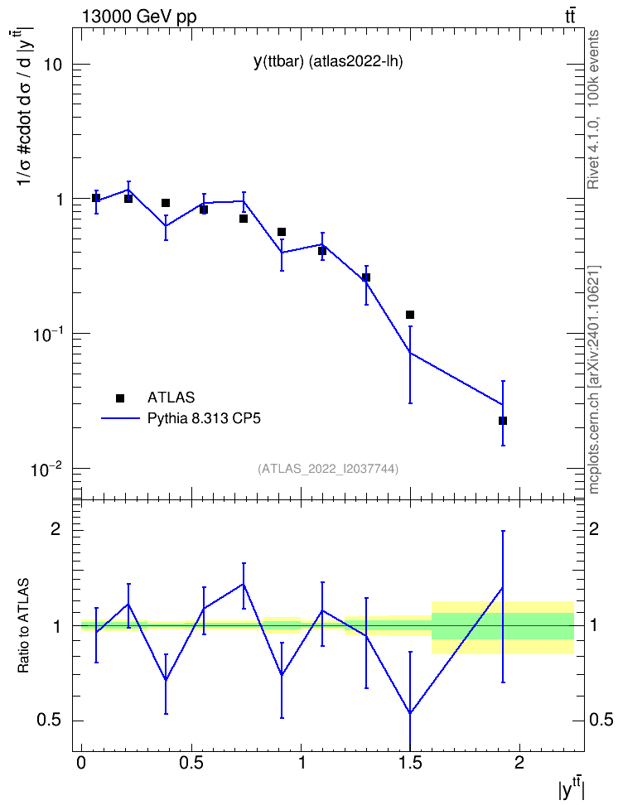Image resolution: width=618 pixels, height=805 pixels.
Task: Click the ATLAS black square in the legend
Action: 120,398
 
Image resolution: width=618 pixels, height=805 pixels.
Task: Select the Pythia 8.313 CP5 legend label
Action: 204,418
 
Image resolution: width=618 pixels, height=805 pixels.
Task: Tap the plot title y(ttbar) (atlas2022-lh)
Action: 328,61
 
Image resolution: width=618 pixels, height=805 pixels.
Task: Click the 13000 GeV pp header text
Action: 139,17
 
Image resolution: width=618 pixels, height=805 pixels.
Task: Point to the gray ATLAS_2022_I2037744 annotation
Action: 328,468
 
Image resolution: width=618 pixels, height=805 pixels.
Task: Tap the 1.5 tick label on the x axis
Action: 410,763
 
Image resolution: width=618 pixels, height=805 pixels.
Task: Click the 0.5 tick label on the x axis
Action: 191,763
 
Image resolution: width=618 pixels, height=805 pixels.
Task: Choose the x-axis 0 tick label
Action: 81,763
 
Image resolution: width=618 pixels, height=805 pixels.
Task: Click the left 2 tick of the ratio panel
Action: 56,529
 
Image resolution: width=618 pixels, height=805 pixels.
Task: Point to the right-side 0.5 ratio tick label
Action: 601,720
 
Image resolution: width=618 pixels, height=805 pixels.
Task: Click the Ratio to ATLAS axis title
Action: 23,626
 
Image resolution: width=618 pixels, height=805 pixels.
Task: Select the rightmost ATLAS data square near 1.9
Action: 503,421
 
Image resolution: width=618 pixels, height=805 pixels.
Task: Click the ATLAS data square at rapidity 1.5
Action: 410,315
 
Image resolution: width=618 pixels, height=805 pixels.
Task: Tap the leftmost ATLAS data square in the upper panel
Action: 96,198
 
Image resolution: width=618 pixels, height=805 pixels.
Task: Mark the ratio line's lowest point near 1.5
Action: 410,714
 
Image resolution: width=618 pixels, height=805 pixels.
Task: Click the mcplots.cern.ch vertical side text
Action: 594,380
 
